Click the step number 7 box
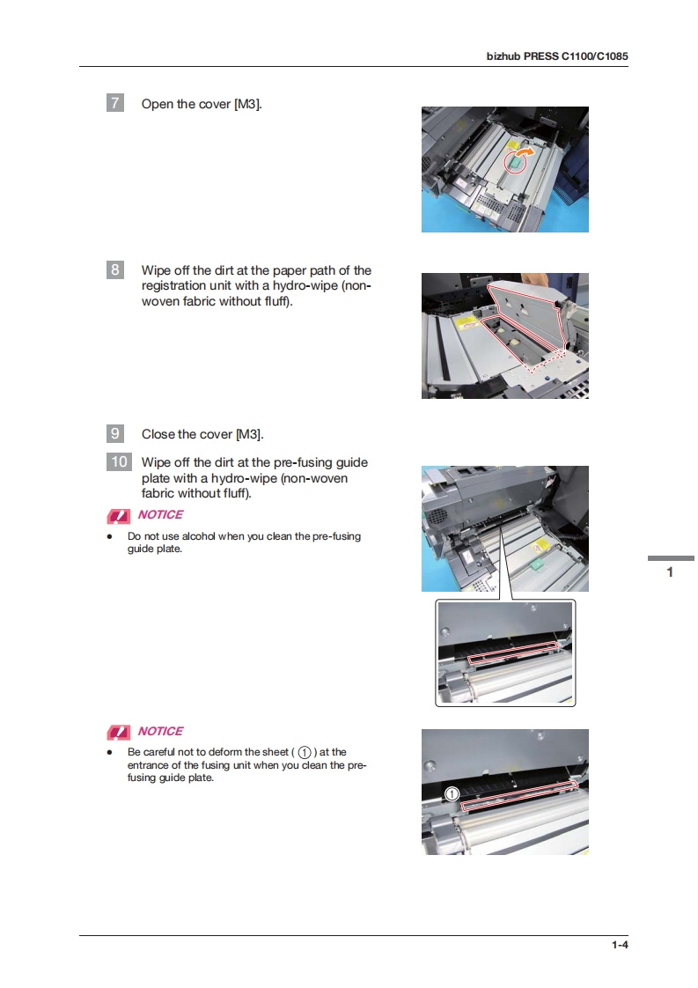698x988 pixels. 114,103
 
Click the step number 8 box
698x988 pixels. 114,269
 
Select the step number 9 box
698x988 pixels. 114,433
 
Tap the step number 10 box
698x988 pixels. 119,462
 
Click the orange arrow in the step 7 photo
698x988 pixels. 525,152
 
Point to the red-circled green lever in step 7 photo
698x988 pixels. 515,163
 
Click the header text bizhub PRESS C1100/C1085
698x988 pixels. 557,56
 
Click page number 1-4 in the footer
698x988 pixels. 620,945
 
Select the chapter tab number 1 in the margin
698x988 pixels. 670,572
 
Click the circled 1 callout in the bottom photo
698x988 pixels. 452,794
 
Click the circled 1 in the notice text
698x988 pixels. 305,752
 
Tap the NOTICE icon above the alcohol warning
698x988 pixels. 119,517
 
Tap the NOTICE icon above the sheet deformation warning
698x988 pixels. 119,732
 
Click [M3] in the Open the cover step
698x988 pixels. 247,104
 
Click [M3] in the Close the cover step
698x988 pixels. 249,434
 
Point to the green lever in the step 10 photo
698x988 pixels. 537,564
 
